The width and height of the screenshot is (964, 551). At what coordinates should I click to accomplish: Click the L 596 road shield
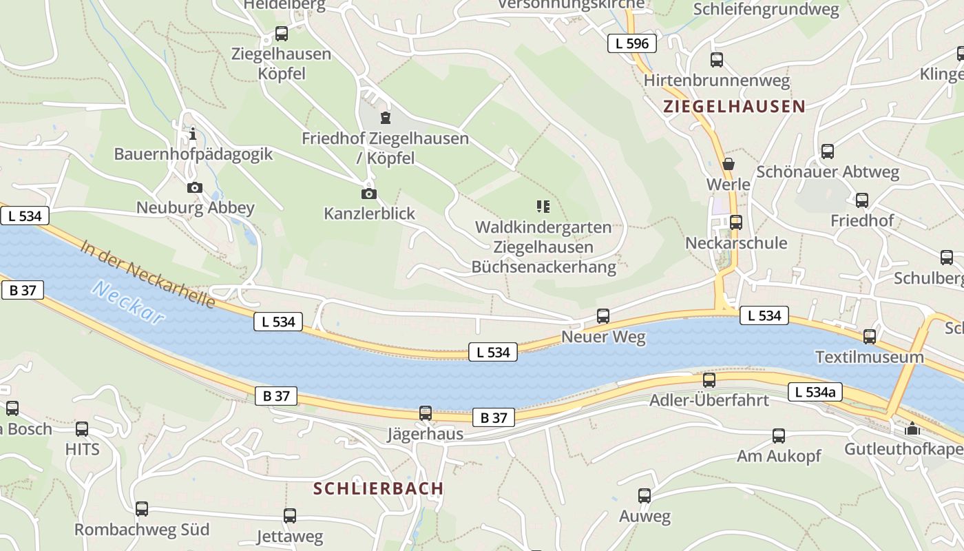coord(631,43)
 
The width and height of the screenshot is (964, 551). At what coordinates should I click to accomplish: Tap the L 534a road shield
coord(815,392)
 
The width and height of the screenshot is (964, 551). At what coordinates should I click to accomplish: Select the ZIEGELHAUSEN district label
coord(734,106)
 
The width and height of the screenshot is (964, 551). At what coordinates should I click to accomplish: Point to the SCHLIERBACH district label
coord(378,488)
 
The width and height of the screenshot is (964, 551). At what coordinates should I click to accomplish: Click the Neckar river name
coord(128,302)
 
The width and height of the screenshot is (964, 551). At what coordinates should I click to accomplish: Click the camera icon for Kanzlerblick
coord(368,194)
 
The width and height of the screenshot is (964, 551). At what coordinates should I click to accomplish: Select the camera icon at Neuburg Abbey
coord(195,187)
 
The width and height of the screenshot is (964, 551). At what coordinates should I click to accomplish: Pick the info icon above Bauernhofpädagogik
coord(193,133)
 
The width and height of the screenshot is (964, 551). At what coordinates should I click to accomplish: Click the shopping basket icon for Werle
coord(728,164)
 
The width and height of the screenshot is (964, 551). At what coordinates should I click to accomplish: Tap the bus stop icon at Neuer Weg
coord(603,315)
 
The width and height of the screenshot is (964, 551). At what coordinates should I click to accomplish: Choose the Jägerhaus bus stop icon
coord(426,413)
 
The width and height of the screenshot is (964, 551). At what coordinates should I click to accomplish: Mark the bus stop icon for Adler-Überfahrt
coord(709,380)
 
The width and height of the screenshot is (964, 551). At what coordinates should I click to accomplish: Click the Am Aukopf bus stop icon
coord(779,435)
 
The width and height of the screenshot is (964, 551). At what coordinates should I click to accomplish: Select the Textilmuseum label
coord(869,357)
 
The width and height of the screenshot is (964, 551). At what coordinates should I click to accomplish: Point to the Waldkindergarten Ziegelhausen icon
coord(543,206)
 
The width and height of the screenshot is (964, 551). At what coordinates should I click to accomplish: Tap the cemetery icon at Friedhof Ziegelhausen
coord(385,117)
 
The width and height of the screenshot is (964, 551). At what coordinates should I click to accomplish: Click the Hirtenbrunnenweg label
coord(716,81)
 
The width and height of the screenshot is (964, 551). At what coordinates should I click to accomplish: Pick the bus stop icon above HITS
coord(82,428)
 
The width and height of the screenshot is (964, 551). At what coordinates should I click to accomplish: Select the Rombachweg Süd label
coord(142,530)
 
